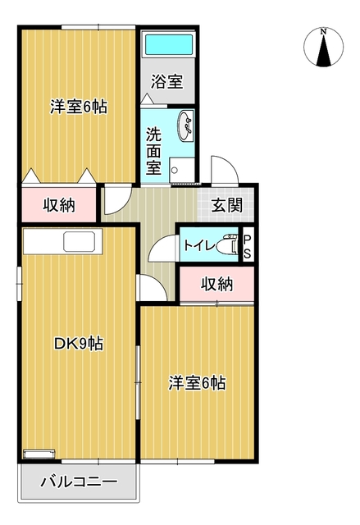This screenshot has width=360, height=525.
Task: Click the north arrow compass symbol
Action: coord(324,47)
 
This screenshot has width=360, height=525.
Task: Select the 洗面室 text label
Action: coord(153,150)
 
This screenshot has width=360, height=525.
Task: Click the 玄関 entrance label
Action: coord(226,205)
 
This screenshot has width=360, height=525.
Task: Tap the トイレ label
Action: coord(199,244)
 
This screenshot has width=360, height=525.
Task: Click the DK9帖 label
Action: coord(78,345)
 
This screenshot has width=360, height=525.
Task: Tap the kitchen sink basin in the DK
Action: coord(80,243)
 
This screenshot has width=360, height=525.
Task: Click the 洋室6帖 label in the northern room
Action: coord(80,107)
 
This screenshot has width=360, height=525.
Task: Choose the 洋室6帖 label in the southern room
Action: coord(198,382)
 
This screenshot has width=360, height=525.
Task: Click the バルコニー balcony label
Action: coord(79,482)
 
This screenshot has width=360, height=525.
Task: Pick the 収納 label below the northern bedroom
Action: coord(59,204)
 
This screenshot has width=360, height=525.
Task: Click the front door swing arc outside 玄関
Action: coord(223,171)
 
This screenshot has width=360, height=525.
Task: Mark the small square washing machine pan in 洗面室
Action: coord(182,169)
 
